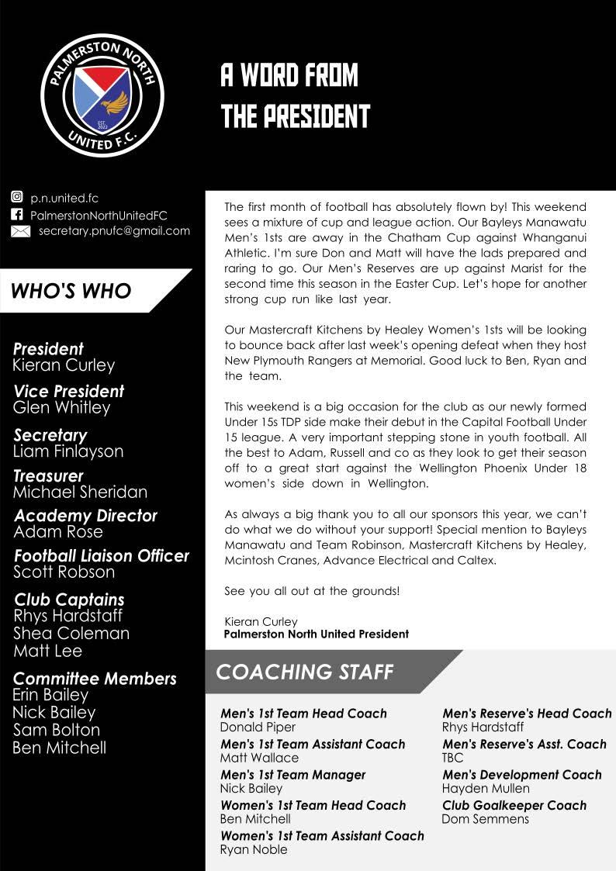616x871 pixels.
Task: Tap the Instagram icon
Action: pos(17,198)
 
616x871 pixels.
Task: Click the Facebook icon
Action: pos(17,215)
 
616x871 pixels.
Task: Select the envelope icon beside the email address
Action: pos(20,231)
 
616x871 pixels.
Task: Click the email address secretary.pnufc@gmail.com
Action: pos(114,230)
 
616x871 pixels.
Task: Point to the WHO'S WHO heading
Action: pos(71,291)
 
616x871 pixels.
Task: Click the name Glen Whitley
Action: pos(62,407)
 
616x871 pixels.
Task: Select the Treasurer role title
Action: pos(48,475)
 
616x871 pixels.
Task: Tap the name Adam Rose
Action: pos(58,531)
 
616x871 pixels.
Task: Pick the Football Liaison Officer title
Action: pos(102,555)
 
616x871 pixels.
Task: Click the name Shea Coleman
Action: pos(71,633)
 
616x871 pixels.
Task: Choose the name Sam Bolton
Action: pos(57,730)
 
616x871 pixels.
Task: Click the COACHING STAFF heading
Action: pos(305,672)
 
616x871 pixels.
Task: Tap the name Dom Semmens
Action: pos(485,819)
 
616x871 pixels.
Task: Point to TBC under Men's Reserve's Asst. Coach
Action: pos(452,758)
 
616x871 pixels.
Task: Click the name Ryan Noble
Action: pos(254,849)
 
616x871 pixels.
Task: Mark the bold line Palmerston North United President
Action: pos(316,634)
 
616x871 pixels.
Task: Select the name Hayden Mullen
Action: pos(486,789)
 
